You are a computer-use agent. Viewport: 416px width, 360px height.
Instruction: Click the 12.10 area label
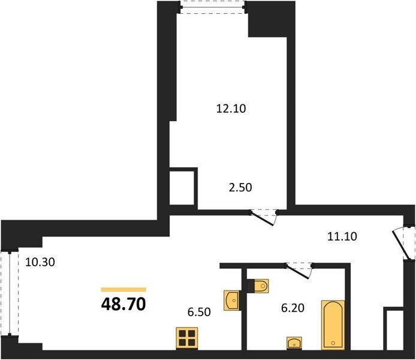(231, 109)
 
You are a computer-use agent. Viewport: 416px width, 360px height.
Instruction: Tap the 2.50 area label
(240, 188)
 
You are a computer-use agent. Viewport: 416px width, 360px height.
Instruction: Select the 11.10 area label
(342, 236)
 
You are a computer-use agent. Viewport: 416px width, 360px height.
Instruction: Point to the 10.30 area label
(40, 262)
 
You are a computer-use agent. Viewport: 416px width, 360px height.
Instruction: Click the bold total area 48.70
(123, 304)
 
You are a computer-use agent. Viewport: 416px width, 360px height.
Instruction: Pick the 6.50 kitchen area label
(199, 312)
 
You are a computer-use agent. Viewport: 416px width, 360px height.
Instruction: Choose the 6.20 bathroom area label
(293, 308)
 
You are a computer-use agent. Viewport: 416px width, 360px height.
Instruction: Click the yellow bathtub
(333, 325)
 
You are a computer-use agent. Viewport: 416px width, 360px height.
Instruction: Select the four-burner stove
(187, 338)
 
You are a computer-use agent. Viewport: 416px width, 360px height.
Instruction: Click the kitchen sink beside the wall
(233, 300)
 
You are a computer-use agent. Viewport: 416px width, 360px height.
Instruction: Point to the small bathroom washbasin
(294, 343)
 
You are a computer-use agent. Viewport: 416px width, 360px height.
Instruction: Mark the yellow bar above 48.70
(123, 289)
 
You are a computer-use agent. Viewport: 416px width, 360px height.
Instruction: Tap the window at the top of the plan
(213, 7)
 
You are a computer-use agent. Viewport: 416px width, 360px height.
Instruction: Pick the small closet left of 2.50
(182, 188)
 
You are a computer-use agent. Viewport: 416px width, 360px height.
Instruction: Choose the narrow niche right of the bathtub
(395, 330)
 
